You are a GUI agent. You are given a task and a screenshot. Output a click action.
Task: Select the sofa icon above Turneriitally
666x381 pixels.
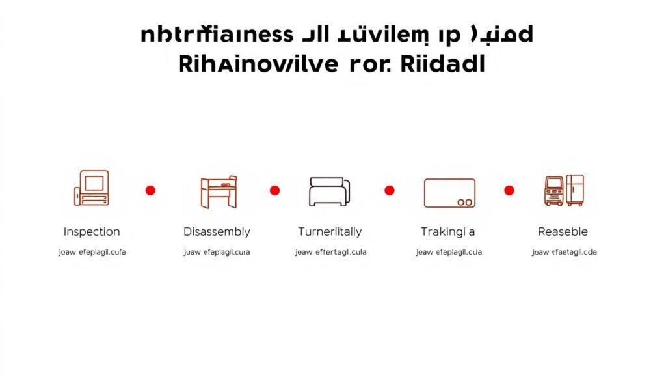(329, 191)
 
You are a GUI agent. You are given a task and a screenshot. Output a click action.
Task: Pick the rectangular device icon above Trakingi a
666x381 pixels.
(449, 193)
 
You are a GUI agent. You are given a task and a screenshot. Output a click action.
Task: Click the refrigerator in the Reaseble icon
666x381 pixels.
(575, 190)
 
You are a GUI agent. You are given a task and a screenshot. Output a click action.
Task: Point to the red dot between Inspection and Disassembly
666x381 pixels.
(150, 190)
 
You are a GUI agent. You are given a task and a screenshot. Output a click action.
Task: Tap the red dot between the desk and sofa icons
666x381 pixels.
(274, 190)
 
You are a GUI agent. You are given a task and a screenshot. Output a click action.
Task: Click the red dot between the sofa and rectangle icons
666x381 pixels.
(390, 190)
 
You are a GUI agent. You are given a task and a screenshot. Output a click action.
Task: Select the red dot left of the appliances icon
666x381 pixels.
(509, 190)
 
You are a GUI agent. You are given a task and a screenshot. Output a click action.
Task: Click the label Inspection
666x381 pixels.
(92, 232)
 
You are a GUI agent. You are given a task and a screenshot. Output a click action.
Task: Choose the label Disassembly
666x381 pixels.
(217, 232)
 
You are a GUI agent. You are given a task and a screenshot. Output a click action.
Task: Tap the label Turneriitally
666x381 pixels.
(330, 232)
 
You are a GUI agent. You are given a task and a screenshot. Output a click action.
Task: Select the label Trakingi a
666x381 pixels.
(447, 232)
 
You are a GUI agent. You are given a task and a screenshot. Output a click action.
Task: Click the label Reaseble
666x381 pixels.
(563, 232)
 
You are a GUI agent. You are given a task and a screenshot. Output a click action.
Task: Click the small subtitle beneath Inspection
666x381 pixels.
(92, 253)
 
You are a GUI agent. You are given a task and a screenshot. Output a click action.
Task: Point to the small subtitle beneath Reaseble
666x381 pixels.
(564, 253)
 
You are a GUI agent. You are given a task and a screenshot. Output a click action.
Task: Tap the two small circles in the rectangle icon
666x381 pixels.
(464, 202)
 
